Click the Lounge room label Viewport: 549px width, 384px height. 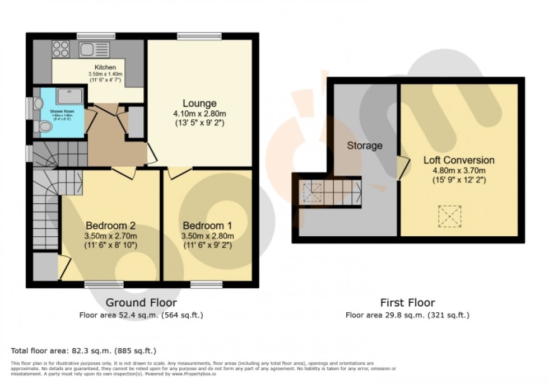(x=199, y=104)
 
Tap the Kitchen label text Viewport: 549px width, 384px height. (x=105, y=68)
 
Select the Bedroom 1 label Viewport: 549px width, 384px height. (x=207, y=226)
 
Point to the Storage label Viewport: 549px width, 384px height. (x=364, y=146)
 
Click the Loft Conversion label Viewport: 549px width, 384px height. (x=458, y=161)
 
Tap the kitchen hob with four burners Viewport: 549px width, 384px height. (x=61, y=49)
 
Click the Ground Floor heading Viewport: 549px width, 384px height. (x=141, y=303)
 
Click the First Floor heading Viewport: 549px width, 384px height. (x=407, y=303)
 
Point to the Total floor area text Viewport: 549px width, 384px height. (x=83, y=351)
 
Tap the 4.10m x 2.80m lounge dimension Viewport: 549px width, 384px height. (x=199, y=114)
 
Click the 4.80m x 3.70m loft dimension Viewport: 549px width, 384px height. (x=458, y=171)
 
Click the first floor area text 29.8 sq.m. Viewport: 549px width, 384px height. (x=407, y=316)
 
